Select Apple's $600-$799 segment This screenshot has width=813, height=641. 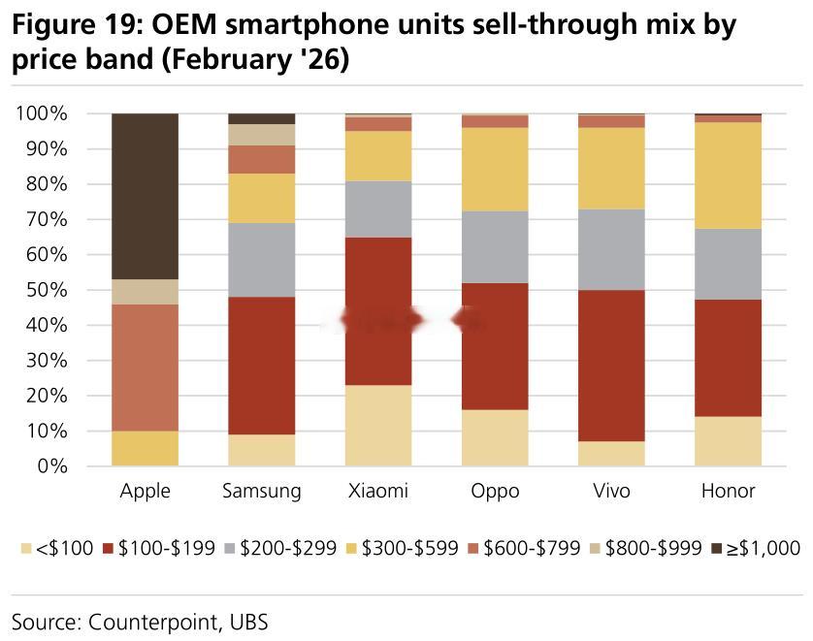[x=146, y=368]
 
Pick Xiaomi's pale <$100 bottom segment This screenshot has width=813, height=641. [x=378, y=426]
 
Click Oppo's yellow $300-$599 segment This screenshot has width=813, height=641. [x=495, y=170]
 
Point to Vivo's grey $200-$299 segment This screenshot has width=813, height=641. [x=611, y=249]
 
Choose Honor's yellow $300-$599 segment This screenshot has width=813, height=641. [x=728, y=176]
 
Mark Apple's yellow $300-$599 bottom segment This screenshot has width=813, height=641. [x=146, y=448]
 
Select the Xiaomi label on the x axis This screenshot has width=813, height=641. [x=378, y=492]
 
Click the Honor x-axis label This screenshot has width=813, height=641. [x=728, y=492]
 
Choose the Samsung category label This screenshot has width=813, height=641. [x=262, y=492]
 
